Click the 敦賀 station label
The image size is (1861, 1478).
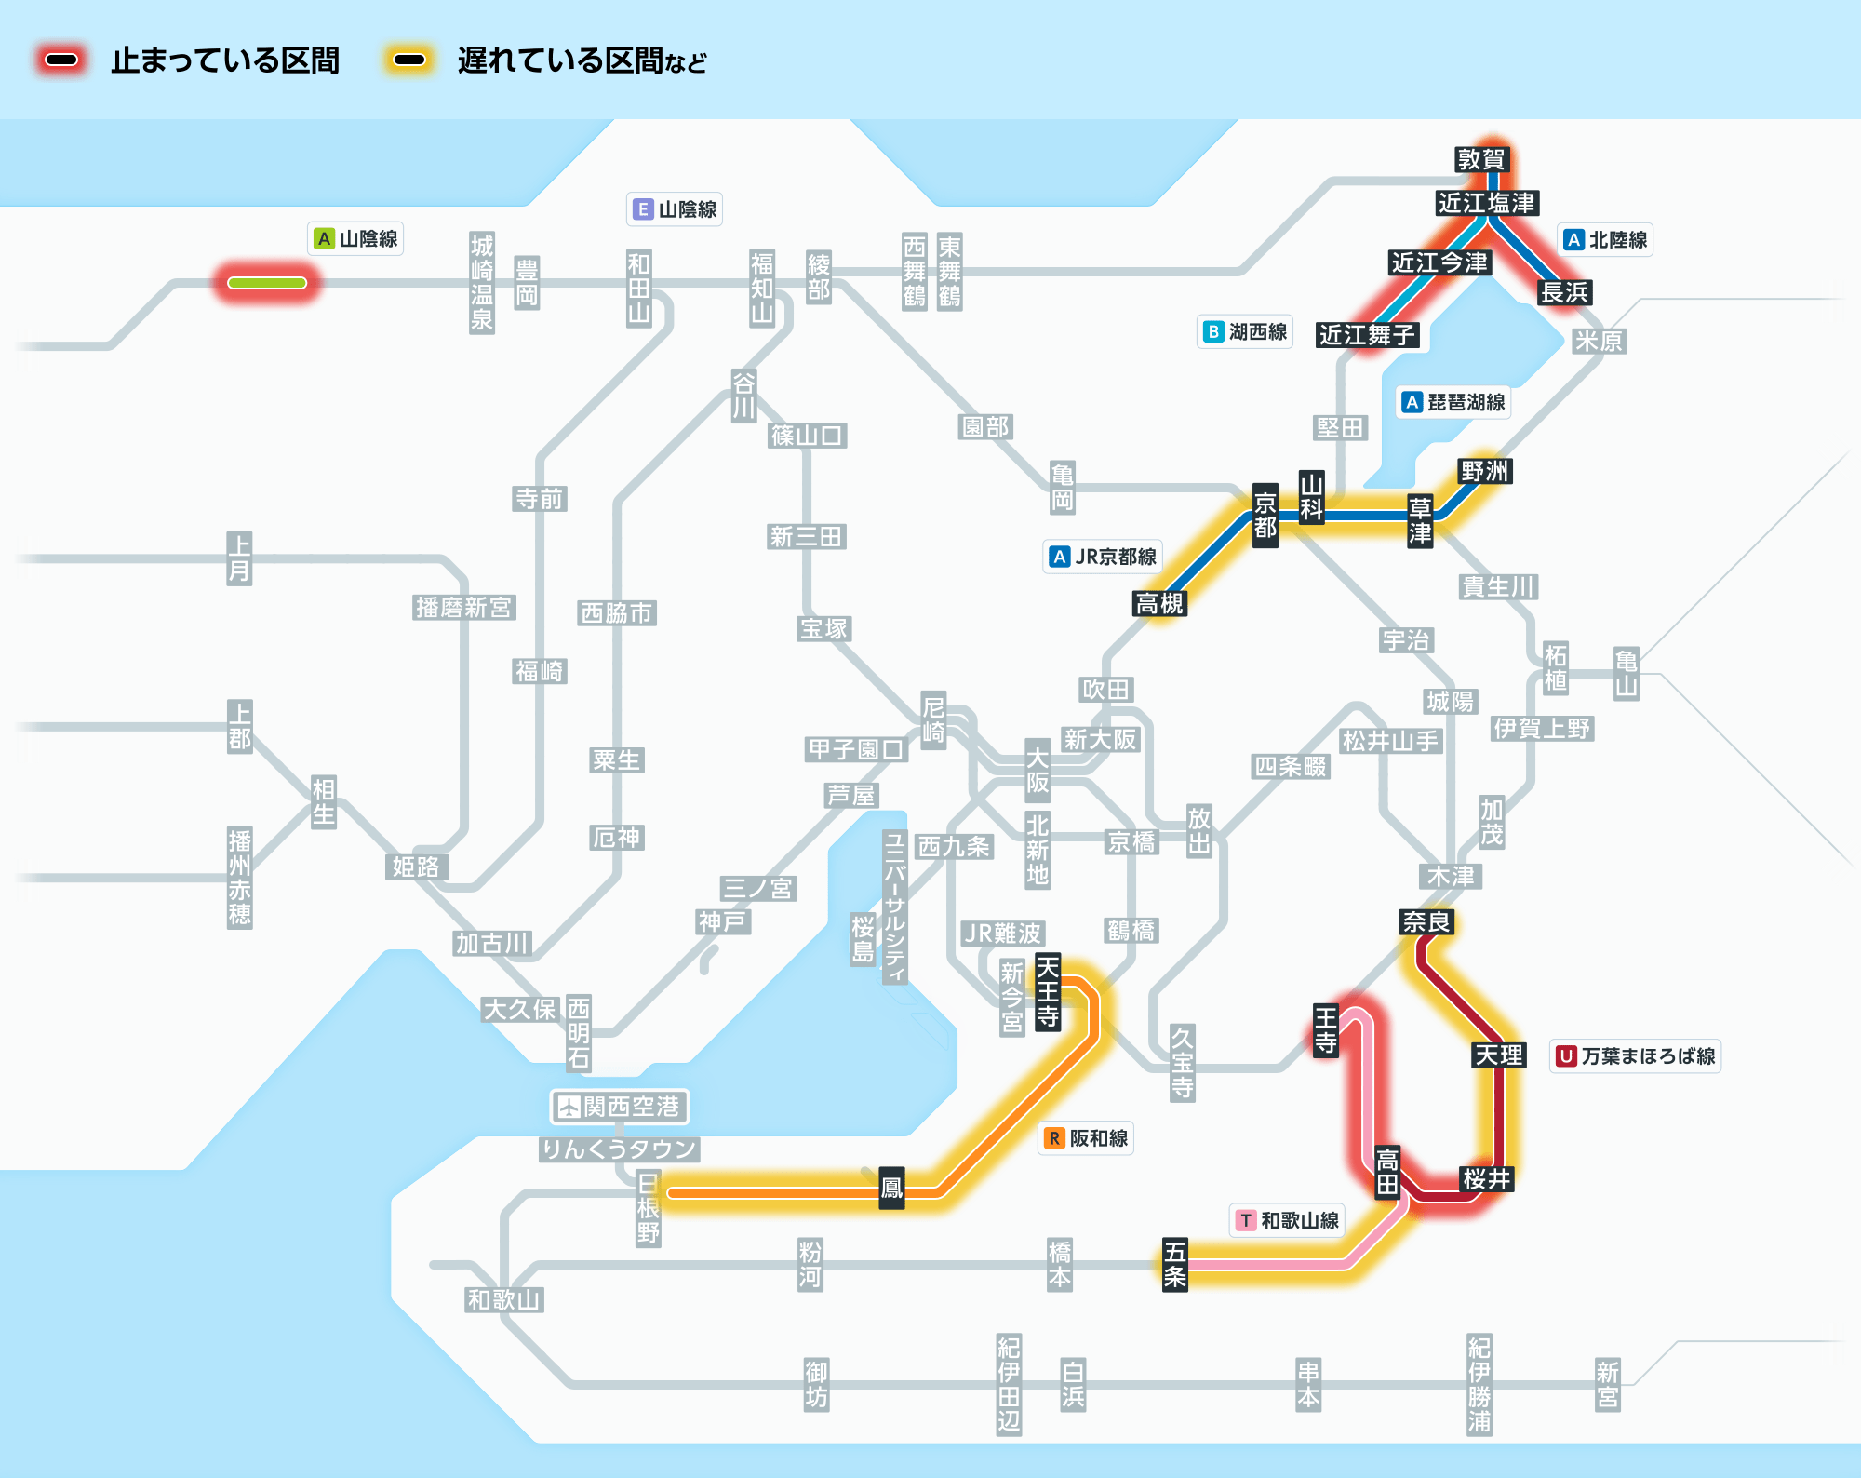click(1480, 159)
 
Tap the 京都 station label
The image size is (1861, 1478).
click(1265, 515)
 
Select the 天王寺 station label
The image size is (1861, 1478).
click(1048, 992)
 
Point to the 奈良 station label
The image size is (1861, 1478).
click(1426, 921)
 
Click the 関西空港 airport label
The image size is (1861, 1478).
click(619, 1106)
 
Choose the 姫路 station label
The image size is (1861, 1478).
click(416, 867)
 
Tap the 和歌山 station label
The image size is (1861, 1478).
click(503, 1299)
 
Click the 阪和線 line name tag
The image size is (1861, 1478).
click(1086, 1137)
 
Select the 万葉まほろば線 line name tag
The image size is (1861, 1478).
click(1635, 1055)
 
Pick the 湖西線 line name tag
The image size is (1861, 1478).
click(1245, 331)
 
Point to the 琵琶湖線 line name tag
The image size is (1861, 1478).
click(1453, 402)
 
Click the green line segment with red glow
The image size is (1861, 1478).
click(267, 283)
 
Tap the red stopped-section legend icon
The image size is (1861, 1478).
click(61, 60)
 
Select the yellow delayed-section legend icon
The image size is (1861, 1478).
click(409, 60)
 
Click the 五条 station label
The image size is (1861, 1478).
click(1175, 1264)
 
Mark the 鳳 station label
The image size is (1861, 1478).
click(891, 1189)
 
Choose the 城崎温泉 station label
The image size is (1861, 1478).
click(481, 283)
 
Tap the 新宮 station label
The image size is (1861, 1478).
click(1607, 1385)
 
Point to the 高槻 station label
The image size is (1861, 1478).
click(1159, 603)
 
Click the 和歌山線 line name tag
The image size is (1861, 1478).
click(1287, 1219)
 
